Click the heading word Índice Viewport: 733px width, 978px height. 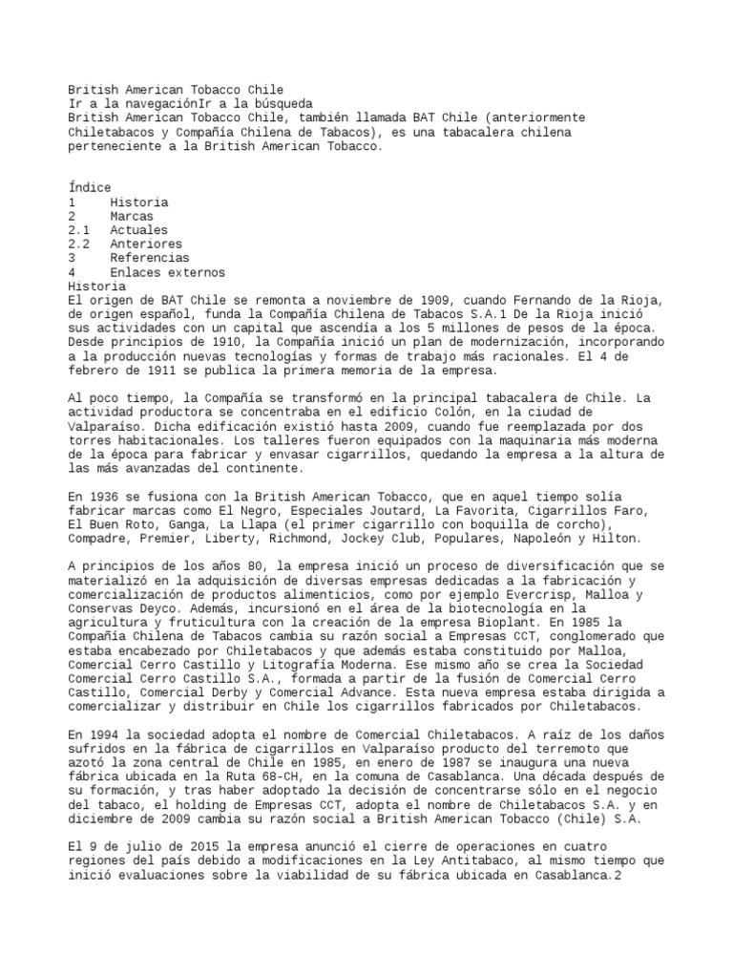click(90, 188)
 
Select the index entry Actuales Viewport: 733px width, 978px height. click(137, 230)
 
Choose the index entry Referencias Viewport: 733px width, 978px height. click(148, 258)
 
